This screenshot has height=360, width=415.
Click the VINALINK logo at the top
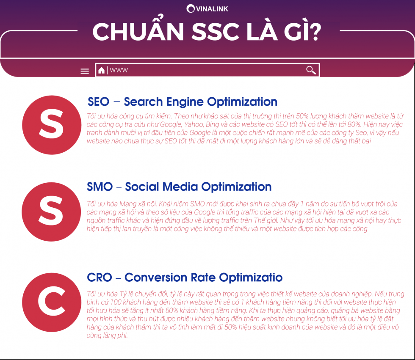207,9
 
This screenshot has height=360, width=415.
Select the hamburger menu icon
85,71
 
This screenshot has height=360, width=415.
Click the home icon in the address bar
101,70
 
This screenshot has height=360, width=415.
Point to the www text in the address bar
119,70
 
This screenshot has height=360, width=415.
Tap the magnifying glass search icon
311,70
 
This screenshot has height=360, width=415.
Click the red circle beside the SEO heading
52,125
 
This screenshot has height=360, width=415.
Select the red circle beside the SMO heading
51,212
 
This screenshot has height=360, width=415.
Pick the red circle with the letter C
52,302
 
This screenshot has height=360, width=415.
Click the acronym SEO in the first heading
98,102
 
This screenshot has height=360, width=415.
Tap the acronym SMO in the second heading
100,187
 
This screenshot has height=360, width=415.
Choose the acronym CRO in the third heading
100,278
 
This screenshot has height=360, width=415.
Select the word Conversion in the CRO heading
156,278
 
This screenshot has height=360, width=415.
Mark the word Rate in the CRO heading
203,278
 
